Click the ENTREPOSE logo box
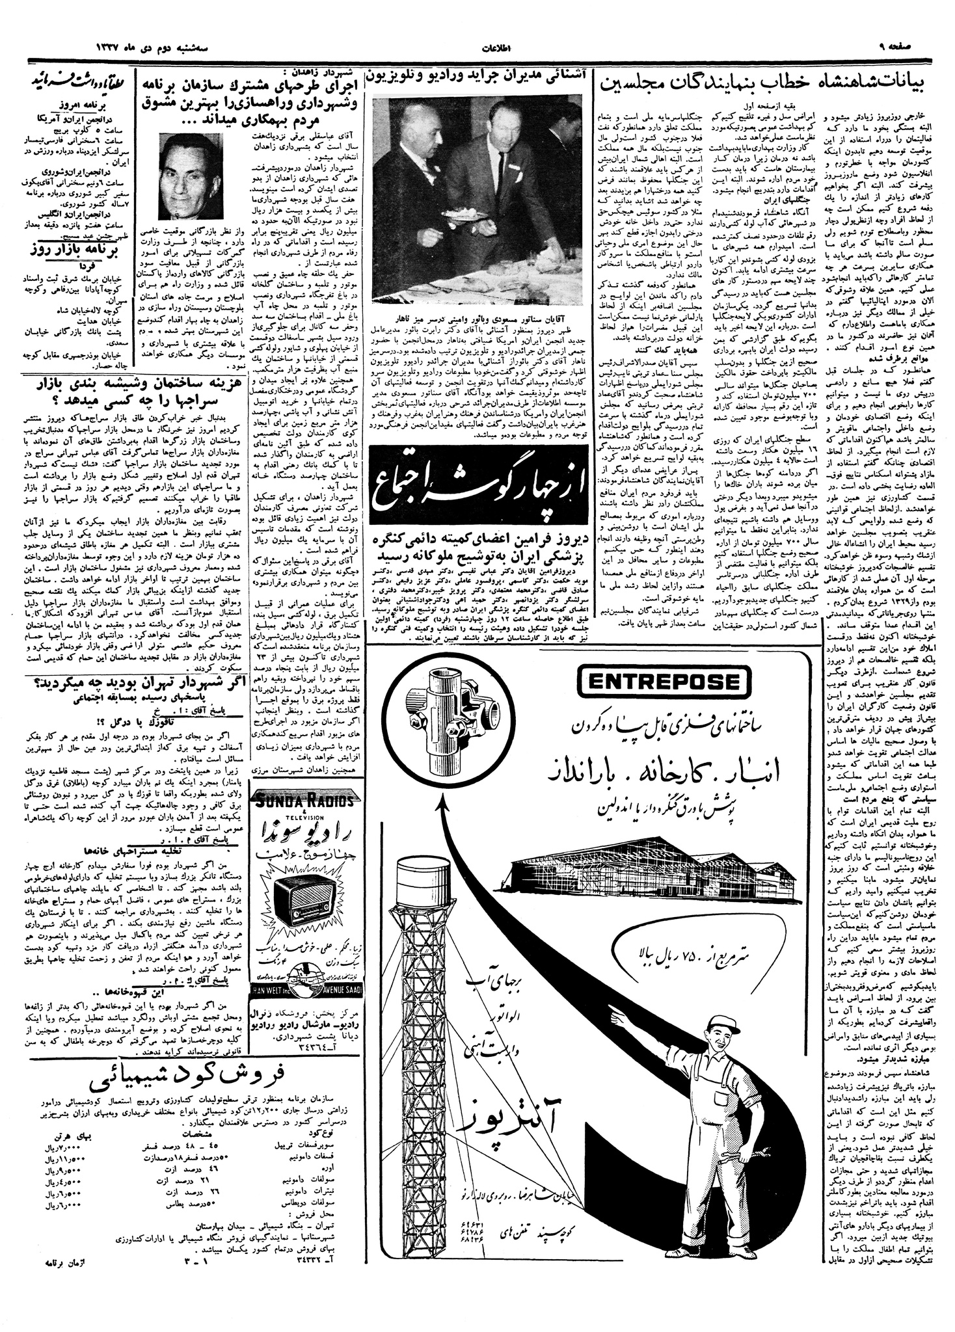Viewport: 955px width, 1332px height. [658, 682]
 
